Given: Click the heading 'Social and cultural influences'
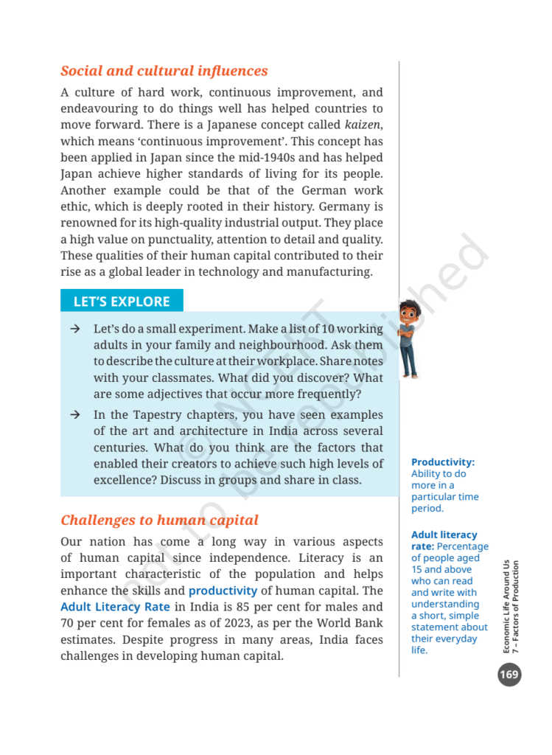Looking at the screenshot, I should (164, 72).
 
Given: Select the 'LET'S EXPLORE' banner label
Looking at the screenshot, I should (122, 301).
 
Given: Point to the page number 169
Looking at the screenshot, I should (509, 674).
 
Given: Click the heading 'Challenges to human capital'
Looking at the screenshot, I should (159, 520).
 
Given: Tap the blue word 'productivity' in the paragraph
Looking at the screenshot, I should (223, 591).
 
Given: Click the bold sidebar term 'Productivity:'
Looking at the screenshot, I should (443, 462).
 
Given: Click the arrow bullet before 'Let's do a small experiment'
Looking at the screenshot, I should (75, 329).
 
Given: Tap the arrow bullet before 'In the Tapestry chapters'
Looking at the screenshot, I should (75, 415).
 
